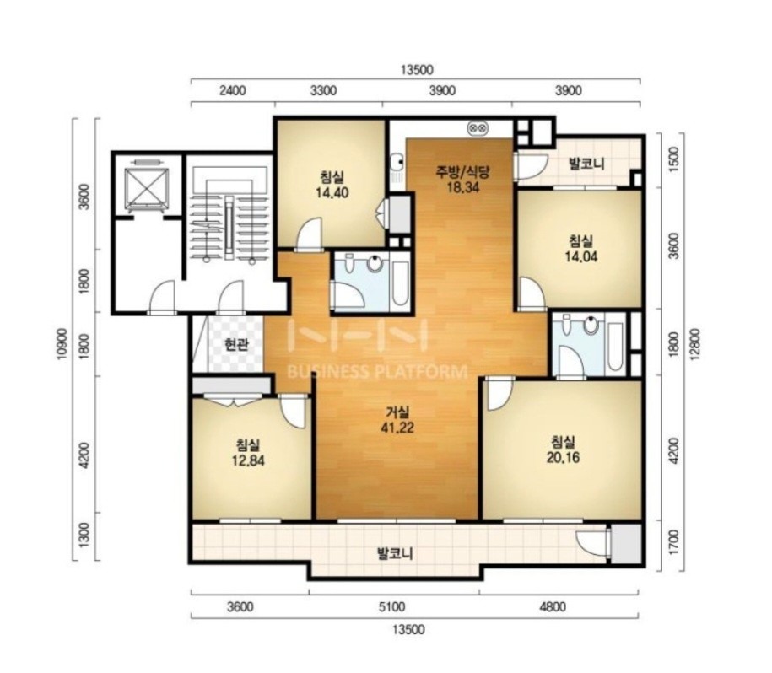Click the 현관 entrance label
pos(236,344)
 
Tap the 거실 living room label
pos(397,412)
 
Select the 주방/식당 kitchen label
pos(463,171)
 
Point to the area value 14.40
pos(332,192)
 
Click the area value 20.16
pos(563,457)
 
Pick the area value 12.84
pos(248,460)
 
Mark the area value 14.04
pos(581,256)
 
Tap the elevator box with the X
pos(146,187)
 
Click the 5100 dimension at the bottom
pos(392,607)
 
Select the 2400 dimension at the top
pos(232,91)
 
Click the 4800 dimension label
pos(553,607)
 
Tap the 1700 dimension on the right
pos(674,542)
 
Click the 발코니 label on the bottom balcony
pos(395,554)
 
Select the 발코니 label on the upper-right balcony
pos(586,164)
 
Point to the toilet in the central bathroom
pos(349,264)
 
